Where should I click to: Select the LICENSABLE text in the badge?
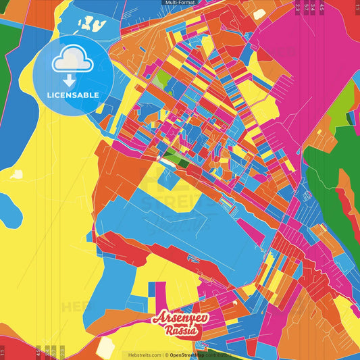73,95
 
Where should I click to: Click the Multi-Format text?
180,3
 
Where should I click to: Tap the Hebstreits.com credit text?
142,355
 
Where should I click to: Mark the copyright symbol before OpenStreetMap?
166,355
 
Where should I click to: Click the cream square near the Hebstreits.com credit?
105,346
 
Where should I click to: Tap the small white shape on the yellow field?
17,174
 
